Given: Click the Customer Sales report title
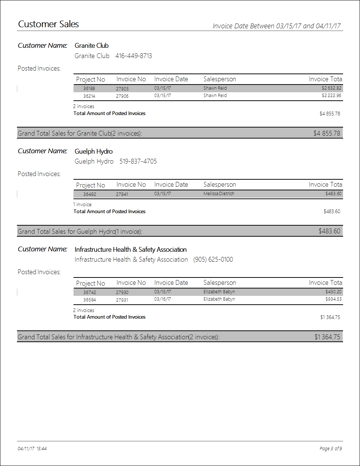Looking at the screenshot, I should [48, 24].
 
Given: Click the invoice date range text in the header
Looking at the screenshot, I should [276, 26].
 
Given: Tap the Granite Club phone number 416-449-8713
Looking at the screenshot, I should [133, 56].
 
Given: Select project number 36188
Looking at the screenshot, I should [89, 89].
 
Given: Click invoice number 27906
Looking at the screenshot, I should [122, 96].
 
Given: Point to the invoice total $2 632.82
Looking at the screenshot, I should [331, 88].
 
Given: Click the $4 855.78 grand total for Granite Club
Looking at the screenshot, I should [327, 133].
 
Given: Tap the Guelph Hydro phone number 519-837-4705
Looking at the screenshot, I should [138, 161].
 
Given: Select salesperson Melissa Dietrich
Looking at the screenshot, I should [219, 194].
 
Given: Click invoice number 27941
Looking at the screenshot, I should [122, 194].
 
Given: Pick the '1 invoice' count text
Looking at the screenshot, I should [82, 204].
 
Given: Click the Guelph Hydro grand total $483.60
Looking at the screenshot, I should [329, 231].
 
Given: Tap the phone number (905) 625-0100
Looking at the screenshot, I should [213, 259].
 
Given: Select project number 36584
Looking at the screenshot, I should [89, 300].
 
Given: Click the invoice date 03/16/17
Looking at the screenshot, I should [162, 299].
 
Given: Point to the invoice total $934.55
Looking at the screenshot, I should [333, 299].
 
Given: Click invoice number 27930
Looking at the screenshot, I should [122, 292].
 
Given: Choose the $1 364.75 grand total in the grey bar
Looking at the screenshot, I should [327, 337].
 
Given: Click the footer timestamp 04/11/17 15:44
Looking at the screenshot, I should [32, 449].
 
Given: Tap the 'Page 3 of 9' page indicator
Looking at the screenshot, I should [331, 449].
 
